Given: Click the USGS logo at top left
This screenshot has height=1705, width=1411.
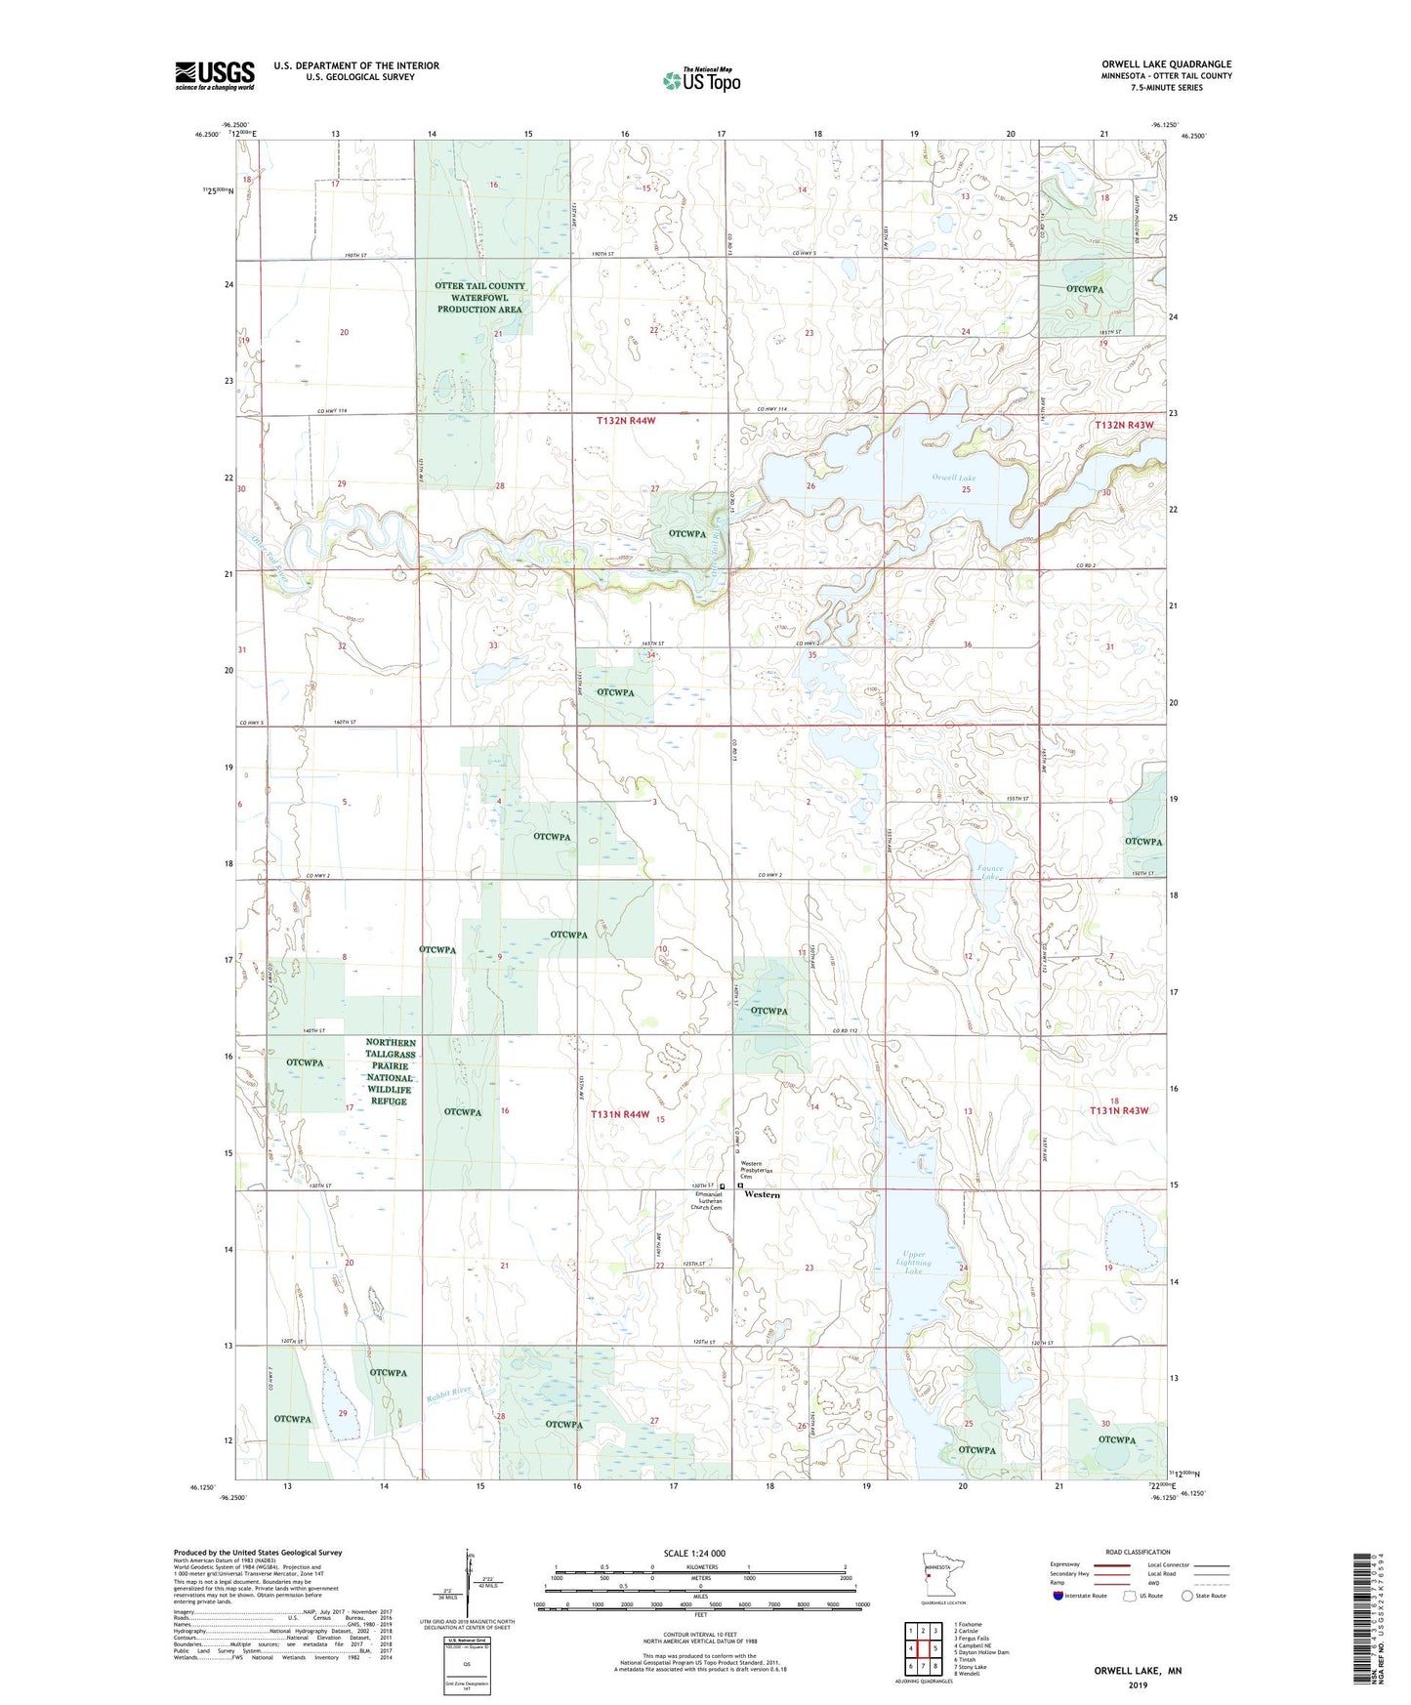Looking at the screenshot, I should point(214,75).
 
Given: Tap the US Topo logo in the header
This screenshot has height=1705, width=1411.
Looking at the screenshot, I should point(701,80).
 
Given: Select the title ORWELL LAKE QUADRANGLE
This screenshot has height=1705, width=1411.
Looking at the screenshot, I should point(1166,64).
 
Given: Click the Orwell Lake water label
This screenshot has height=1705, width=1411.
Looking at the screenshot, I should point(953,478).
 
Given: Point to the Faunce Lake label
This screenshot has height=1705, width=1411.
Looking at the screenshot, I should point(990,872).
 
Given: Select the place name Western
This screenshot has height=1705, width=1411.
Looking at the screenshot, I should point(762,1194).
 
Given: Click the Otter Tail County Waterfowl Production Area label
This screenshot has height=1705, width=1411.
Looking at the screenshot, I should point(479,298).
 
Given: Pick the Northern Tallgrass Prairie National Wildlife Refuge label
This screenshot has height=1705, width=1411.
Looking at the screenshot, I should point(391,1071).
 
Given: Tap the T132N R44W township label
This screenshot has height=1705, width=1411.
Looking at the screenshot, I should point(626,421).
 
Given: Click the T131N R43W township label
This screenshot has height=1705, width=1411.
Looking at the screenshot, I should point(1120,1111).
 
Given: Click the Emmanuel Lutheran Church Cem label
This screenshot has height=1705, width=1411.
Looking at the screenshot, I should point(708,1200).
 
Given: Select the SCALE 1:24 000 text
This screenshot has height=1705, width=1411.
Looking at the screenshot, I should point(693,1553).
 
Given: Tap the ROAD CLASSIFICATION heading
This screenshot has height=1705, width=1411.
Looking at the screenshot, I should point(1138,1552).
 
